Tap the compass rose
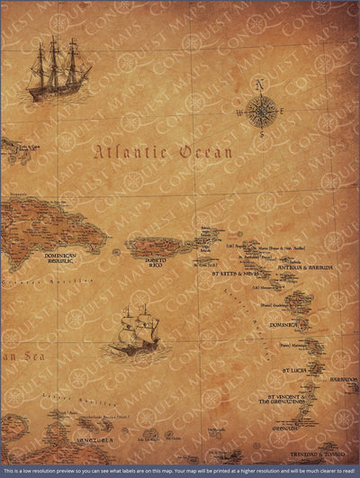tap(261, 112)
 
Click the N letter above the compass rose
tap(261, 86)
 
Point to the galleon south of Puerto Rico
tap(133, 330)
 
